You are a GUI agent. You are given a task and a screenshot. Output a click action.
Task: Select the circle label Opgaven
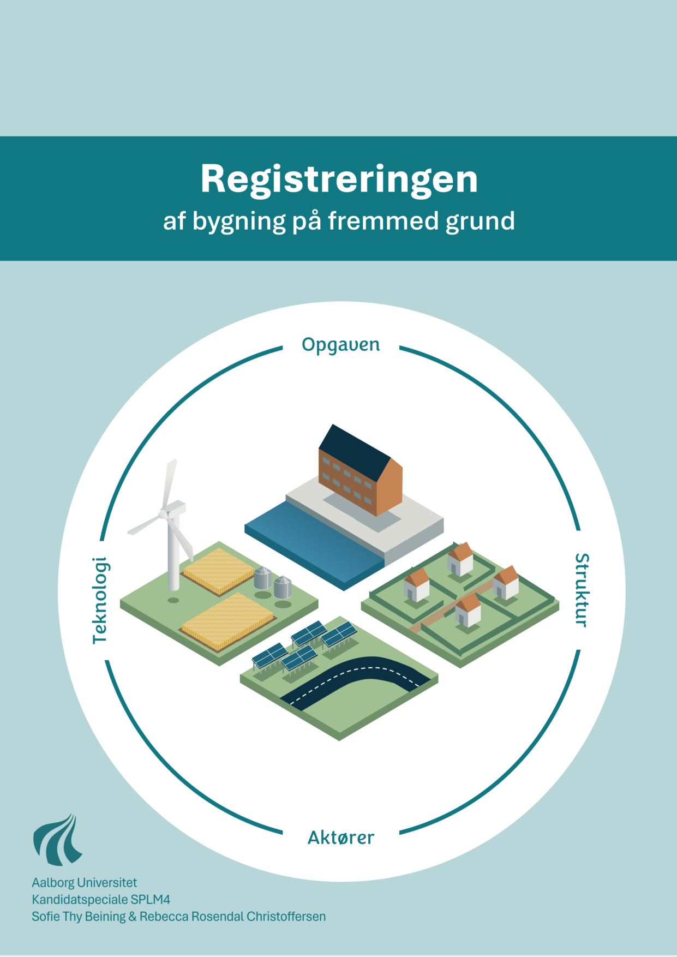pyautogui.click(x=341, y=345)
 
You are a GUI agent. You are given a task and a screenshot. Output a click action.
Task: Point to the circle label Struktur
pyautogui.click(x=582, y=590)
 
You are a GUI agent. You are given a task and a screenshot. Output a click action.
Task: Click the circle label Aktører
pyautogui.click(x=341, y=838)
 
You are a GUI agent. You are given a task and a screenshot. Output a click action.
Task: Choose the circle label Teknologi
pyautogui.click(x=100, y=600)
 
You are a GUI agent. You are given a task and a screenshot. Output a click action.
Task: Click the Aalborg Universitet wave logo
pyautogui.click(x=57, y=840)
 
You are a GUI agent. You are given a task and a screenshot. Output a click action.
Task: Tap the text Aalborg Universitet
pyautogui.click(x=85, y=882)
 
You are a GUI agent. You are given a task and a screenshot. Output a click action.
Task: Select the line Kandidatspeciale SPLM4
pyautogui.click(x=101, y=899)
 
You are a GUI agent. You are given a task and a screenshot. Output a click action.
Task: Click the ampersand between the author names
pyautogui.click(x=133, y=917)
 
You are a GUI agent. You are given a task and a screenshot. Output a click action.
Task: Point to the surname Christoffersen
pyautogui.click(x=286, y=917)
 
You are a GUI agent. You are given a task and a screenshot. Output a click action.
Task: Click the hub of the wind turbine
pyautogui.click(x=164, y=514)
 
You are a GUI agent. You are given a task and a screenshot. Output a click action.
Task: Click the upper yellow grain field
pyautogui.click(x=219, y=570)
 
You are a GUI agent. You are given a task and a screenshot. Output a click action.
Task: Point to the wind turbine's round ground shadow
pyautogui.click(x=173, y=600)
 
